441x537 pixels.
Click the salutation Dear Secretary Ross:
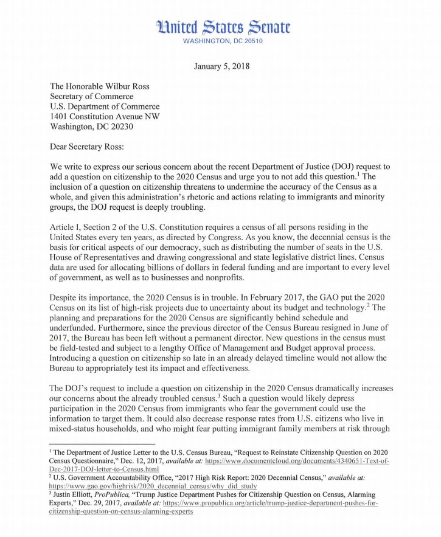pos(93,147)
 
